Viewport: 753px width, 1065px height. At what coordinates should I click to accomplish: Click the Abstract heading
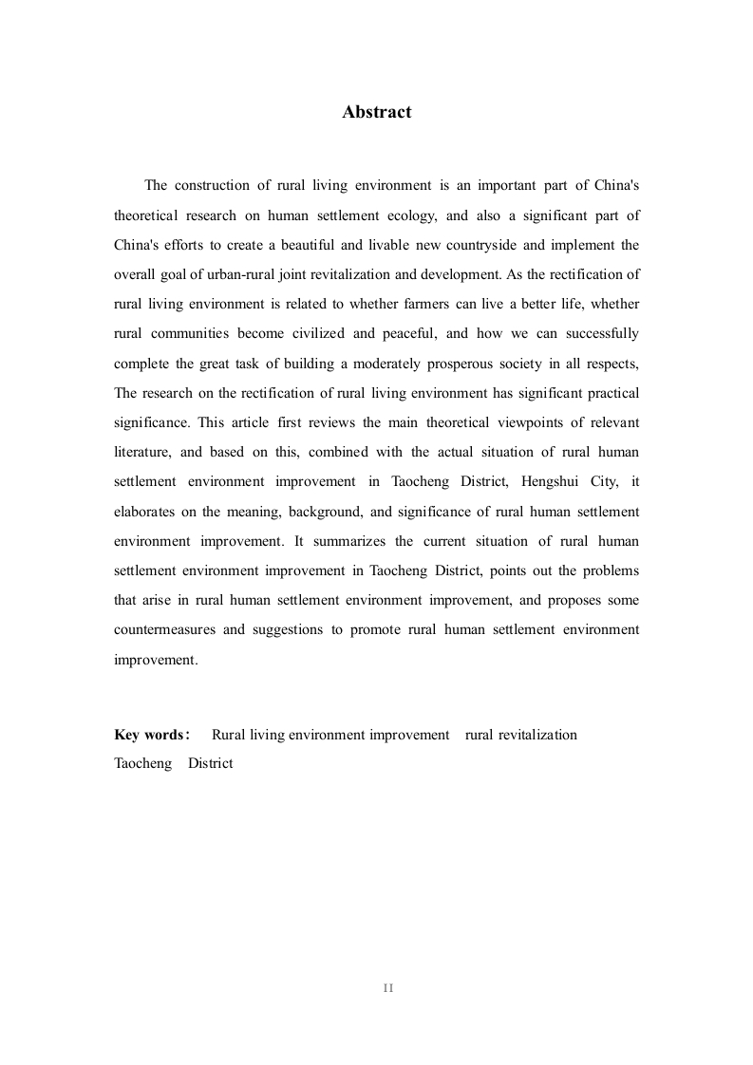coord(376,112)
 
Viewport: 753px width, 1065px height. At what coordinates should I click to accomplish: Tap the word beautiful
coord(325,245)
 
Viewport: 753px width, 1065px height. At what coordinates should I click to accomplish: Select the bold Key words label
coord(152,735)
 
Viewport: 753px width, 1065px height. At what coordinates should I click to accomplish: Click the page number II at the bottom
coord(388,988)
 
